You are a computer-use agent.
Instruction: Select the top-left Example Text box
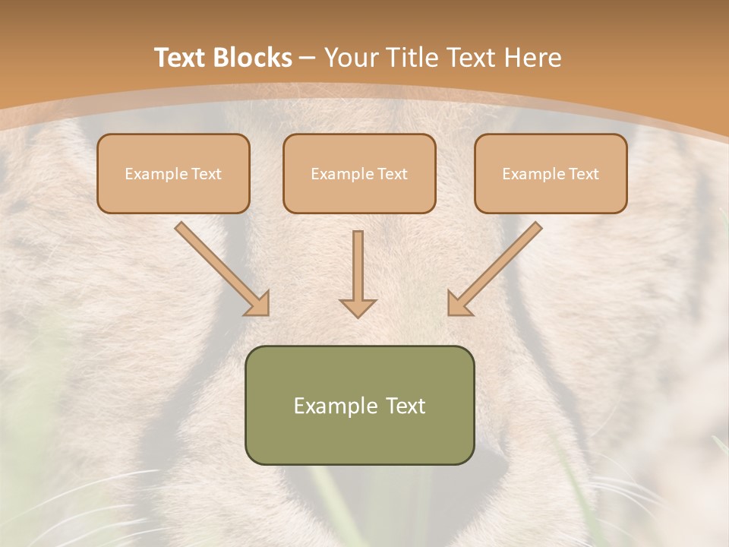[173, 173]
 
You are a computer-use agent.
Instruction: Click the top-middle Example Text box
[359, 173]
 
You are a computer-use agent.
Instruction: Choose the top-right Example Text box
[551, 173]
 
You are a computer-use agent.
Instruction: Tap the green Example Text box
[359, 405]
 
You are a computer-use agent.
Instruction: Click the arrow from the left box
[220, 267]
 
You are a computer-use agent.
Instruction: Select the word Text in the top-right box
[582, 174]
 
